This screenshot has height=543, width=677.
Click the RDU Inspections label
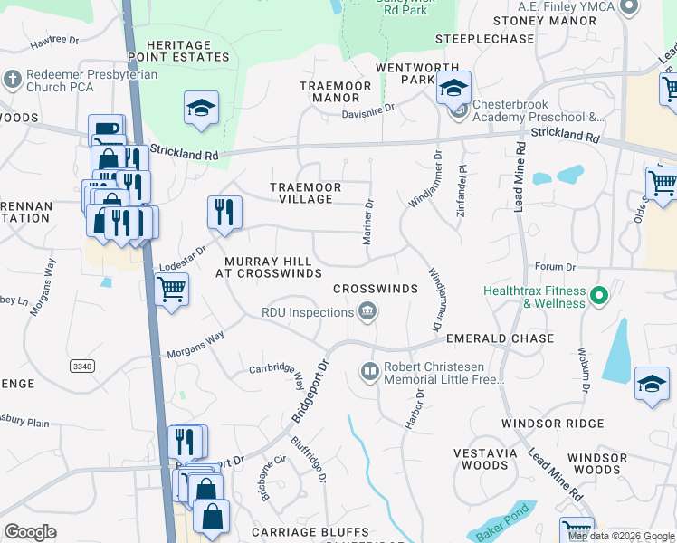coord(307,312)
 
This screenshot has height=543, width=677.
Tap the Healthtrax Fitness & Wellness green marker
coord(598,296)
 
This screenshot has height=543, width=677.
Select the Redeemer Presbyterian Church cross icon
coord(13,80)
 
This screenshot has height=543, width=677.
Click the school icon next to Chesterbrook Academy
coord(453,89)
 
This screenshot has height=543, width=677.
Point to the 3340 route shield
coord(81,365)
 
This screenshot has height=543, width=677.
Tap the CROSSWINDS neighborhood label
coord(375,289)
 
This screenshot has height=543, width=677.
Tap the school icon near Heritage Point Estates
coord(201,109)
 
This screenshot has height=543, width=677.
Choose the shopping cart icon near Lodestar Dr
coord(170,291)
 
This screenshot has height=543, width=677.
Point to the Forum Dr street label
coord(555,267)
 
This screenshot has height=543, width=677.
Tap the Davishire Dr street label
coord(367,107)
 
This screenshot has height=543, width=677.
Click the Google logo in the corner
coord(30,532)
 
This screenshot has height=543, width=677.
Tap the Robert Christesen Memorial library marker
coord(369,371)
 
